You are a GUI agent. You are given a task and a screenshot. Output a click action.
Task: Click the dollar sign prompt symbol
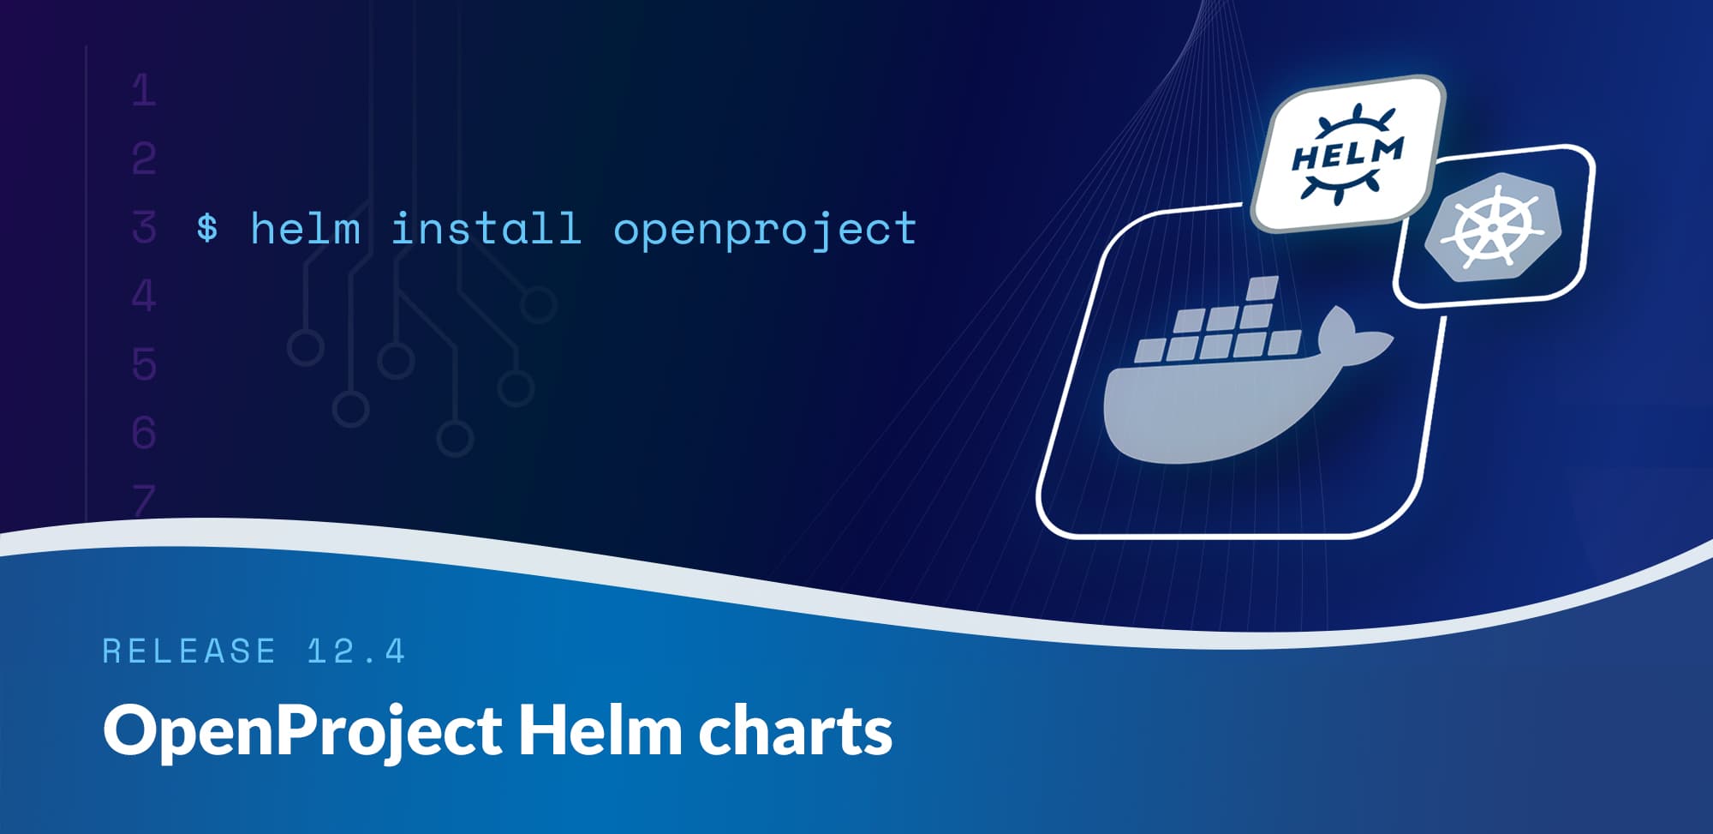[x=206, y=229]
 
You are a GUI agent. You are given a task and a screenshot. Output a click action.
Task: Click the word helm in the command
[x=305, y=229]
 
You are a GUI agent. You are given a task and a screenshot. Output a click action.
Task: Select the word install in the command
[x=486, y=229]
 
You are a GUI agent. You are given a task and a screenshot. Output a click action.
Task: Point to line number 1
[x=144, y=91]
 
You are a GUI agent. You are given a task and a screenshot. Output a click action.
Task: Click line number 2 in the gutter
[x=144, y=159]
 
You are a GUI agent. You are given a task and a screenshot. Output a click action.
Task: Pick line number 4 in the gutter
[x=144, y=297]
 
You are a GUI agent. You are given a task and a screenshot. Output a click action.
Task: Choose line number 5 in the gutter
[x=144, y=364]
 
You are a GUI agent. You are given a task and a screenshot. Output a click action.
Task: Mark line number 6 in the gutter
[x=144, y=433]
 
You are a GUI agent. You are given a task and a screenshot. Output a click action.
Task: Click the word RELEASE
[x=189, y=651]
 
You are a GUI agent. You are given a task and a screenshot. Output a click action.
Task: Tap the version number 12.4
[x=356, y=651]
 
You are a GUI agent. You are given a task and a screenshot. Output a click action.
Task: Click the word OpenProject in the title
[x=302, y=731]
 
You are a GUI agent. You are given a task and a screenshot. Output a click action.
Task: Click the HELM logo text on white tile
[x=1347, y=155]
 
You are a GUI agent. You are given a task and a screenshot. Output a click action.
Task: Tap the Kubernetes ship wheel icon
[x=1491, y=228]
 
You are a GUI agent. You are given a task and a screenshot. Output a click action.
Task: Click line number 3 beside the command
[x=144, y=228]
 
